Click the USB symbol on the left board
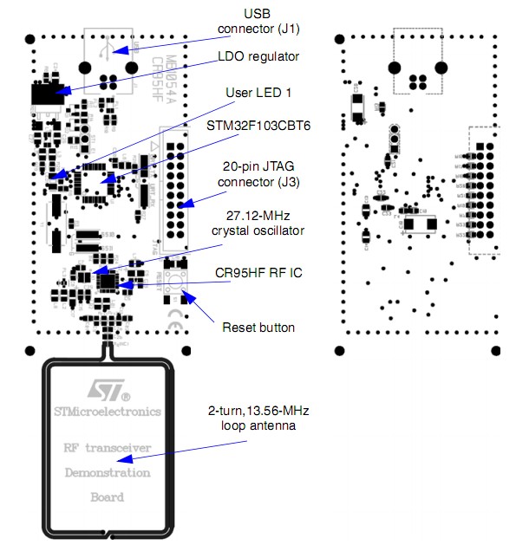(105, 51)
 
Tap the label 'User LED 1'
(255, 93)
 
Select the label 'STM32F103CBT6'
(258, 126)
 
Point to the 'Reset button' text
(258, 328)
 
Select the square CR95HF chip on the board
(107, 281)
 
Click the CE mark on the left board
(171, 327)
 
